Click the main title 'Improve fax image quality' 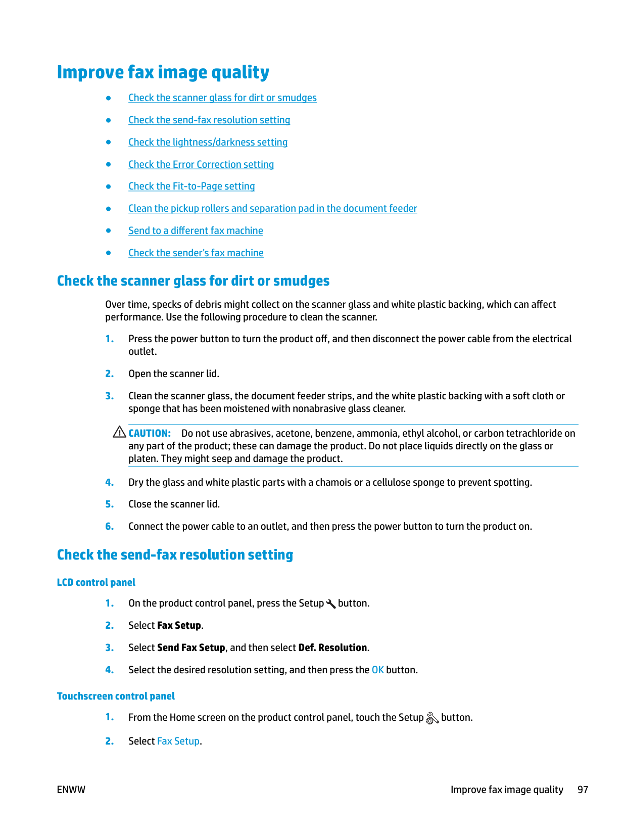[163, 72]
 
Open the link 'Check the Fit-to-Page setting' [191, 187]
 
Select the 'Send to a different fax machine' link [196, 231]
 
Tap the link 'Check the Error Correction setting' [201, 165]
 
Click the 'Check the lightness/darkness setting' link [208, 143]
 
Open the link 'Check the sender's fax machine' [196, 253]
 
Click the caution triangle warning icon [119, 432]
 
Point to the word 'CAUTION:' [150, 434]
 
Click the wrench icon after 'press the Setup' [331, 604]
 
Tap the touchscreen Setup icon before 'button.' [432, 718]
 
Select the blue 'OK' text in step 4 [377, 670]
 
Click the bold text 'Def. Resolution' [332, 648]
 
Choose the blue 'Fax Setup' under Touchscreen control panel [178, 742]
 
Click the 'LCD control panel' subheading [96, 583]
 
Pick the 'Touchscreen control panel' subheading [116, 697]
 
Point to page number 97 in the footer [583, 790]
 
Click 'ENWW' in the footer [71, 790]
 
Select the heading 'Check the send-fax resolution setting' [175, 555]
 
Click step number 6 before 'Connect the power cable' [109, 527]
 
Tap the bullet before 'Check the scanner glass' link [108, 98]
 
